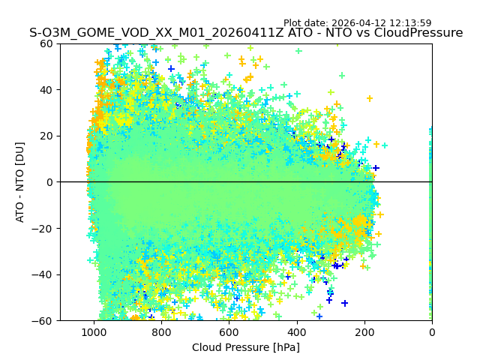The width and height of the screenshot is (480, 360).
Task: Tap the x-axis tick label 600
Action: coord(229,331)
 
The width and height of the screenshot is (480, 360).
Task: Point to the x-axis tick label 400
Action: coord(296,331)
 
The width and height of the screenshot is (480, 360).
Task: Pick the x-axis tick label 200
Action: coord(364,331)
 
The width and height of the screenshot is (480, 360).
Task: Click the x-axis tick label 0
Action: coord(432,331)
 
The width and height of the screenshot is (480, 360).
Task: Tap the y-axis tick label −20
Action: coord(44,228)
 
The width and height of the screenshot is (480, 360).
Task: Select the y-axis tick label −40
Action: coord(44,274)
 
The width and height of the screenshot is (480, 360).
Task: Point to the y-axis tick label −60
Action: coord(44,321)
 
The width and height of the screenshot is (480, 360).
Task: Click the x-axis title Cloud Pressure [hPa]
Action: coord(245,347)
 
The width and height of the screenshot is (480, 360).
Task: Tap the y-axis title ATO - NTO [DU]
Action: coord(20,182)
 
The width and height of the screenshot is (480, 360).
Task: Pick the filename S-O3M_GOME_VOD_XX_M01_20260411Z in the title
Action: coord(157,33)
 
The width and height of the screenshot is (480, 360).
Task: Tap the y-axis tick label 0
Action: coord(50,182)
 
